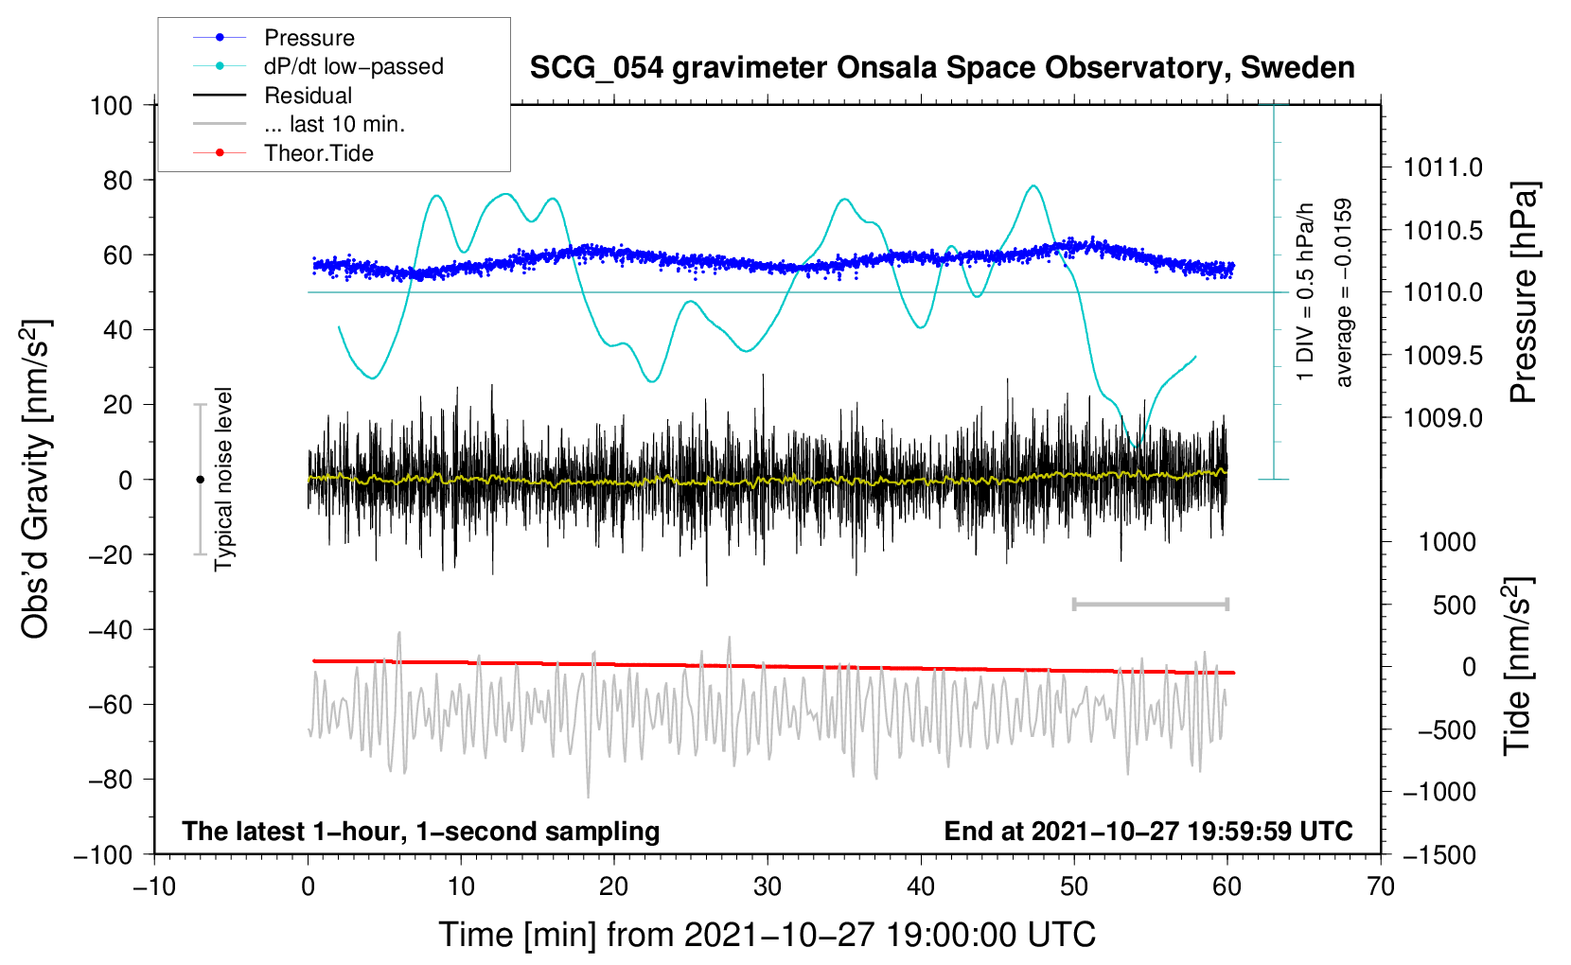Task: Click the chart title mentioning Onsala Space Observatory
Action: (x=942, y=68)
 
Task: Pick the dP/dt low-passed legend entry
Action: (x=353, y=66)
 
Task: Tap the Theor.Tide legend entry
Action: (x=318, y=153)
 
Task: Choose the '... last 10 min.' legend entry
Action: (x=334, y=124)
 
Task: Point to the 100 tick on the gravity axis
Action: (x=112, y=105)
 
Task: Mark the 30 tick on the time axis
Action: (x=768, y=886)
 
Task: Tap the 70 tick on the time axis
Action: (x=1381, y=886)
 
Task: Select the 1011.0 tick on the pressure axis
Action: (x=1442, y=168)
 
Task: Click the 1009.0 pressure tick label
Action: (x=1442, y=418)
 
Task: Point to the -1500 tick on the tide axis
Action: (x=1439, y=855)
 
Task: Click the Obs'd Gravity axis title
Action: (x=36, y=480)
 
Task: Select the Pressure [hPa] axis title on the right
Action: (x=1523, y=292)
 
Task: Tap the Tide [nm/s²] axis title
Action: (x=1517, y=667)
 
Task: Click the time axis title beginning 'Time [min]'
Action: (x=768, y=935)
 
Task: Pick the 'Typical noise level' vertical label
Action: (x=223, y=480)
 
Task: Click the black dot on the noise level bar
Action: (x=200, y=480)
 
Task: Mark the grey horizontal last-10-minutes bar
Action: (x=1151, y=604)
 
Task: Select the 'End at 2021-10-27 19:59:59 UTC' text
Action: (x=1148, y=832)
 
